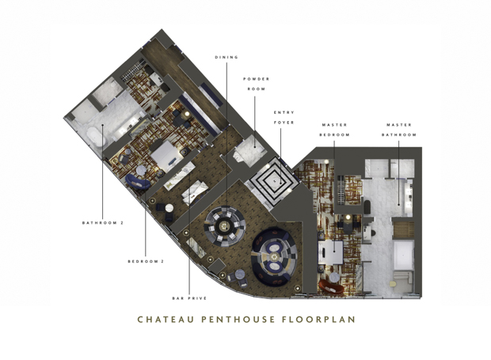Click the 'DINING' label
point(226,57)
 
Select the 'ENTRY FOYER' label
point(284,116)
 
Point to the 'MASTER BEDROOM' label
point(335,130)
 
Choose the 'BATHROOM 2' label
point(103,222)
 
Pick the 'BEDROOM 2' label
point(146,261)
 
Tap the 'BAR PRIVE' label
point(189,298)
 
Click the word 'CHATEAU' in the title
point(164,320)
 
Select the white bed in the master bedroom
point(332,252)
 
